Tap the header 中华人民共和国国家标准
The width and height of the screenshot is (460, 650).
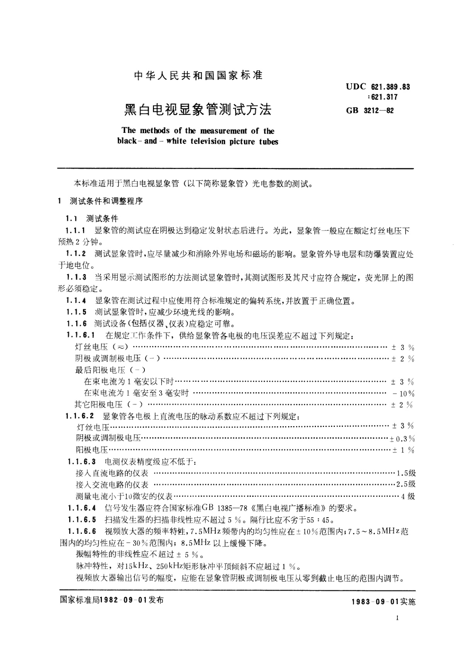(x=198, y=76)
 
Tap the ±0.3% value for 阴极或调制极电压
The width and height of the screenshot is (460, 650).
(x=402, y=438)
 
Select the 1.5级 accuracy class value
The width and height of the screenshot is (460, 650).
(x=406, y=473)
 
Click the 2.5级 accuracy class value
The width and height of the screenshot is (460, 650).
(x=406, y=485)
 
